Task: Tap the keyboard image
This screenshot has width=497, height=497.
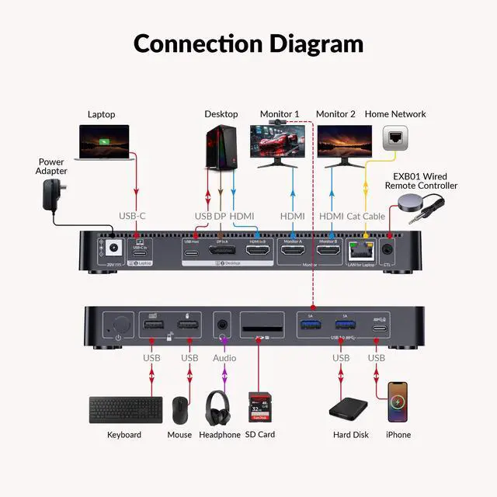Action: (125, 409)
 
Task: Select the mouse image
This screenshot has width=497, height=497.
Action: (179, 408)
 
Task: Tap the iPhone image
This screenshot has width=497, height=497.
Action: (398, 401)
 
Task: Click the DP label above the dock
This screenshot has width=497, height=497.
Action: (220, 215)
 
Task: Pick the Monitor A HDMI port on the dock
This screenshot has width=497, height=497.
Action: (292, 249)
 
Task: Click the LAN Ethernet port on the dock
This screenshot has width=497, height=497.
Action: (360, 250)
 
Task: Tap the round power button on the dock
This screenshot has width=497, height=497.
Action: (117, 325)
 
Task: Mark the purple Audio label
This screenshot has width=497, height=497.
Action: (224, 358)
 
